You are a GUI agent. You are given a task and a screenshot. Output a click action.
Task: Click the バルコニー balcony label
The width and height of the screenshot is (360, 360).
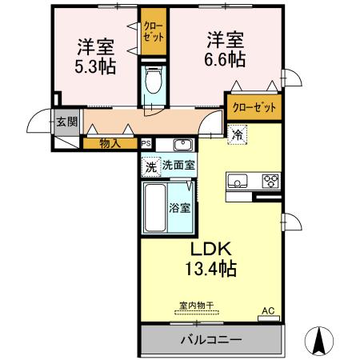(209, 340)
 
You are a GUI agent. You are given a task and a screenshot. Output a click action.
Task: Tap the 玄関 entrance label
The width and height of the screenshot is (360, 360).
(66, 122)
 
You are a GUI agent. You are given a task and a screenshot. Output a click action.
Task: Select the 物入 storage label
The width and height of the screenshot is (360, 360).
(110, 144)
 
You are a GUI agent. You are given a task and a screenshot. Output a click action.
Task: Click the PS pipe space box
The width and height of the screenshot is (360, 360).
(146, 144)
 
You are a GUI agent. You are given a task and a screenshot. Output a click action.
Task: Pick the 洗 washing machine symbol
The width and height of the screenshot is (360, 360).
(150, 166)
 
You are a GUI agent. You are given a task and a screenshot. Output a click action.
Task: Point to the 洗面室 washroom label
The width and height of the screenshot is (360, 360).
(178, 166)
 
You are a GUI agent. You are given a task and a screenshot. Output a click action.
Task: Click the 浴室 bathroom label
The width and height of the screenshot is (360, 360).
(179, 208)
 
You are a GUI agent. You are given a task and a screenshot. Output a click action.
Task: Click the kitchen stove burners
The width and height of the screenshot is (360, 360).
(270, 180)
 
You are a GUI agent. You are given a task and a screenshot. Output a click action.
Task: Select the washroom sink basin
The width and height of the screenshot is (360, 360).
(182, 145)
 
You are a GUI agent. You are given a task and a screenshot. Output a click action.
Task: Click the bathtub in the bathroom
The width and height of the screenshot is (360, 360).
(155, 207)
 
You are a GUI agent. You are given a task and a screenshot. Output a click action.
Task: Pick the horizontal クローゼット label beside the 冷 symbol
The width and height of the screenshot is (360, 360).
(254, 107)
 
